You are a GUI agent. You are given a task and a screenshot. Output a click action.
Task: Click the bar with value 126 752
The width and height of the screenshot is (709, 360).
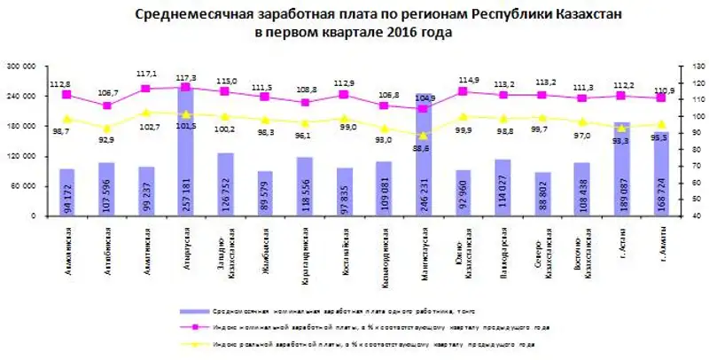225,184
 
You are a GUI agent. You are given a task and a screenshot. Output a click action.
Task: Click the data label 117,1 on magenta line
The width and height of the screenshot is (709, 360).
147,74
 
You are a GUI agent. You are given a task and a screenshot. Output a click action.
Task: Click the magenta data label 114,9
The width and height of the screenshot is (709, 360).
468,81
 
